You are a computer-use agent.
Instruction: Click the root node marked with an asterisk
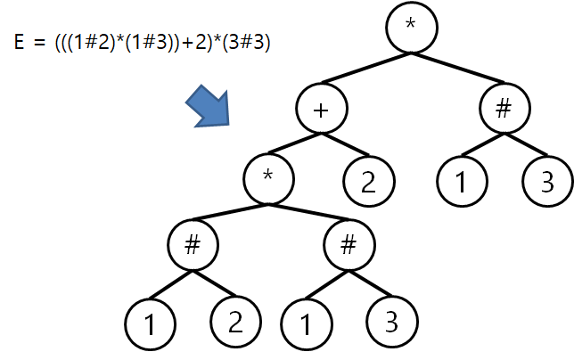[410, 25]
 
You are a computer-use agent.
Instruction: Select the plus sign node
[322, 110]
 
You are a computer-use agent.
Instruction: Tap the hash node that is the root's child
[503, 110]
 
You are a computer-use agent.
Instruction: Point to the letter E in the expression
[20, 42]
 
